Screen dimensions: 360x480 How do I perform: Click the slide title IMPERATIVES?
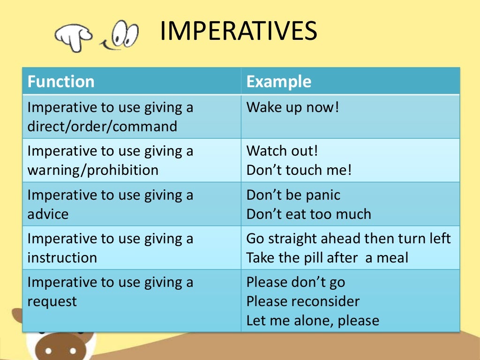point(238,31)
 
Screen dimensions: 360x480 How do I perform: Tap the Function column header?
point(61,82)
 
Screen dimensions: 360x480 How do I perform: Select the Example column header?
point(279,82)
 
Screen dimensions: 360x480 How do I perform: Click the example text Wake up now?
point(292,107)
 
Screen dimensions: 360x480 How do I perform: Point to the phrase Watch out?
point(282,151)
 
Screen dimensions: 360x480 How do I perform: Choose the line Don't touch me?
point(299,170)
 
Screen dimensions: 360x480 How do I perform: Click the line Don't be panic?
point(293,195)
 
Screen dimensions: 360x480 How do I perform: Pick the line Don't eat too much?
point(309,214)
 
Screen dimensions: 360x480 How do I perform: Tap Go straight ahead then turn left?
point(349,238)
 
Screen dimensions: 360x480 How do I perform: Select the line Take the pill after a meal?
point(328,257)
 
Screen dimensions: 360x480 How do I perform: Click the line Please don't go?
point(296,282)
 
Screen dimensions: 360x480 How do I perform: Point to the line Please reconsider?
point(303,301)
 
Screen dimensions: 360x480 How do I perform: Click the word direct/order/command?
point(103,126)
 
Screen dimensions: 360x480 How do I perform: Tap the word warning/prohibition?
point(93,170)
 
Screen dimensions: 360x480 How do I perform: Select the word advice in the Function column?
point(48,214)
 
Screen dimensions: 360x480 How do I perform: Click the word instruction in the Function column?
point(62,257)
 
